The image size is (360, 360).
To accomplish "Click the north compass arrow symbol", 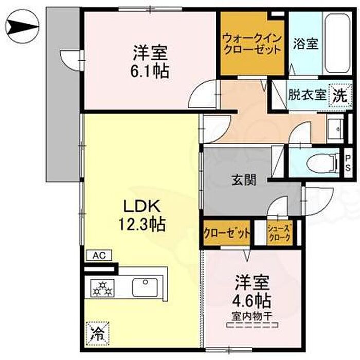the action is click(22, 26).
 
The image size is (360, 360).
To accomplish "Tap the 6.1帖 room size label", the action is click(150, 71).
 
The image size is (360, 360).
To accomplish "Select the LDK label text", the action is click(141, 206).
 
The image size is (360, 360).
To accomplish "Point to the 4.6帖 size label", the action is click(251, 301).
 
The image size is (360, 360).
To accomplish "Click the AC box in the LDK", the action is click(99, 255).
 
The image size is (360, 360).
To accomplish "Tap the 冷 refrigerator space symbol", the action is click(98, 334).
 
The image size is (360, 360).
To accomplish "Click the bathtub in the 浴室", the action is click(337, 44).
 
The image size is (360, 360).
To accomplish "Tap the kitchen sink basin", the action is click(145, 287).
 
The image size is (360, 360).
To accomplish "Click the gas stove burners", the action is click(102, 289).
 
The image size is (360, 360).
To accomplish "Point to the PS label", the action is click(348, 163).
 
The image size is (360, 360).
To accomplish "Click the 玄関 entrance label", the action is click(244, 180).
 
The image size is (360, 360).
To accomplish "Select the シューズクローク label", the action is click(280, 233).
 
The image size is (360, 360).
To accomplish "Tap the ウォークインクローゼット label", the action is click(253, 44).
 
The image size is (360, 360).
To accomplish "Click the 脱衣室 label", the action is click(307, 95).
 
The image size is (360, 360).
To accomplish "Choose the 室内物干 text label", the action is click(252, 317).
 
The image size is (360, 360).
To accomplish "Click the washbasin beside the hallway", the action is click(335, 129).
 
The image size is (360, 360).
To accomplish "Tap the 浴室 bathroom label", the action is click(306, 44).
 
